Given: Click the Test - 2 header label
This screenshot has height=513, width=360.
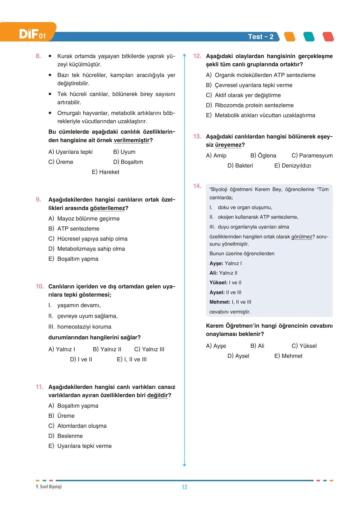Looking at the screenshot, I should [x=260, y=37].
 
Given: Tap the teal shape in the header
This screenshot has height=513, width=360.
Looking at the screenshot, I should [x=309, y=37].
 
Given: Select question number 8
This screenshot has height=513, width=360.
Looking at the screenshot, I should [x=38, y=56].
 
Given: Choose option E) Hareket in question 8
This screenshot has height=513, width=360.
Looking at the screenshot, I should [x=105, y=172].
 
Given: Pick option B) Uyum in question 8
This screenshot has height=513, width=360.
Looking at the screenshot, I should [x=124, y=152].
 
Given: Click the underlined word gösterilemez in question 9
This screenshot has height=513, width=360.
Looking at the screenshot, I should [x=107, y=208].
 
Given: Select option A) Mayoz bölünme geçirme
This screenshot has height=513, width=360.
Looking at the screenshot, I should [x=84, y=219].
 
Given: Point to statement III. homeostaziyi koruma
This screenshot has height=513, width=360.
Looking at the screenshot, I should [x=80, y=327].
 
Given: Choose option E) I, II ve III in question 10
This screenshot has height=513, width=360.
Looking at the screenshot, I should [x=132, y=359].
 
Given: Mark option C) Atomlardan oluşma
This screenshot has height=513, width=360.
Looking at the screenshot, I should [x=78, y=426].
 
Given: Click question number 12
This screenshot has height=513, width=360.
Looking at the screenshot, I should [x=197, y=56].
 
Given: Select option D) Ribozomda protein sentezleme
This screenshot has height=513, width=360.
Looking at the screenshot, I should [x=250, y=105].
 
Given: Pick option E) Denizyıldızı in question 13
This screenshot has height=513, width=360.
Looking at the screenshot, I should [x=292, y=166].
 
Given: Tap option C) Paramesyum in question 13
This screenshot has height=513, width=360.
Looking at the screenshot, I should [x=312, y=156].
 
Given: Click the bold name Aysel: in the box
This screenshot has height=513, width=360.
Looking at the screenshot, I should [x=217, y=292].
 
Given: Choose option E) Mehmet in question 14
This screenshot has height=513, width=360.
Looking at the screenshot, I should [x=288, y=356].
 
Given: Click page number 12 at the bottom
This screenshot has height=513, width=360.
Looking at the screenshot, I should [x=185, y=487].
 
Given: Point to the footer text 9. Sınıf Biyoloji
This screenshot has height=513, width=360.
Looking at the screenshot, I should [x=49, y=487].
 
